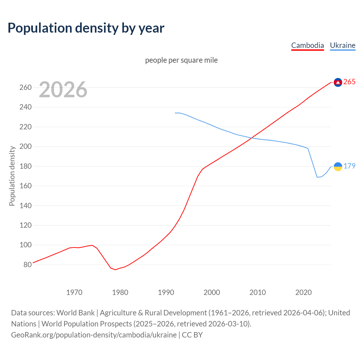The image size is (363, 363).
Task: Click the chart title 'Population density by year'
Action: tap(86, 28)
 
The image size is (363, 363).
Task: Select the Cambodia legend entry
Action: tap(307, 45)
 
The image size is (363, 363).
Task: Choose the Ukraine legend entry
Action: tap(343, 45)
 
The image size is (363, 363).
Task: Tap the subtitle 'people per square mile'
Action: tap(181, 60)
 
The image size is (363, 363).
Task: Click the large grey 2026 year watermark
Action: tap(63, 90)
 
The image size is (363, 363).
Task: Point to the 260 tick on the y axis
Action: tap(26, 87)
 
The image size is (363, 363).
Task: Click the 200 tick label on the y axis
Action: tap(26, 147)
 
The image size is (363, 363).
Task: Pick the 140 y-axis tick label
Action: tap(26, 206)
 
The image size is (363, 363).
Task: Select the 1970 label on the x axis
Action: tap(74, 292)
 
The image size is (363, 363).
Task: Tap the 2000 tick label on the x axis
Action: tap(212, 292)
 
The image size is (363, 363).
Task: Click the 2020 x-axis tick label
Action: tap(303, 292)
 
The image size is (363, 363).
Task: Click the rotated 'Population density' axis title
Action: tap(12, 176)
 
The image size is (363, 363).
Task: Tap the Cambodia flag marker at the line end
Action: tap(338, 82)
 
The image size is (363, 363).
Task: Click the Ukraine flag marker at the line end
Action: tap(338, 166)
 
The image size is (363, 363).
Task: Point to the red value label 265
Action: tap(349, 82)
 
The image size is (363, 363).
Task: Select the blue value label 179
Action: tap(349, 166)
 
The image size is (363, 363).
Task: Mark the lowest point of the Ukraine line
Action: tap(317, 177)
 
